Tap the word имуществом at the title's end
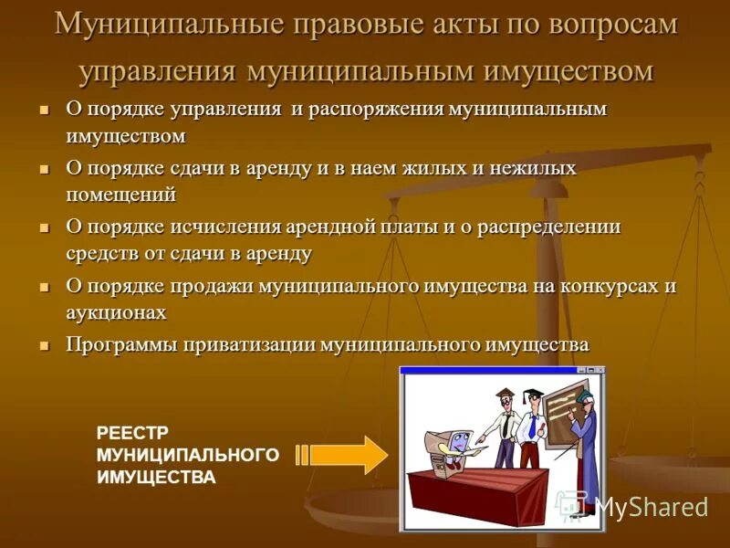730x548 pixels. [562, 70]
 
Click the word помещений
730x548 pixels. [120, 195]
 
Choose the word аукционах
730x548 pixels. [116, 311]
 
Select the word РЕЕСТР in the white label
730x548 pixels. [133, 433]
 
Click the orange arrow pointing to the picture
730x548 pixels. [341, 454]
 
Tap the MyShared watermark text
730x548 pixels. [651, 506]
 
